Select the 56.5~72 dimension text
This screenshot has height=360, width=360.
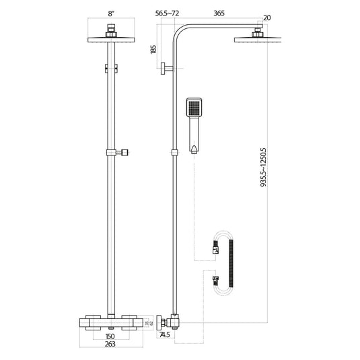(168, 12)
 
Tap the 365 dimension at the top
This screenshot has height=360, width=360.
(219, 12)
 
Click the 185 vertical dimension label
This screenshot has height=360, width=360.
(154, 50)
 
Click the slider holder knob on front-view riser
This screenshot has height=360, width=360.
(124, 153)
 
